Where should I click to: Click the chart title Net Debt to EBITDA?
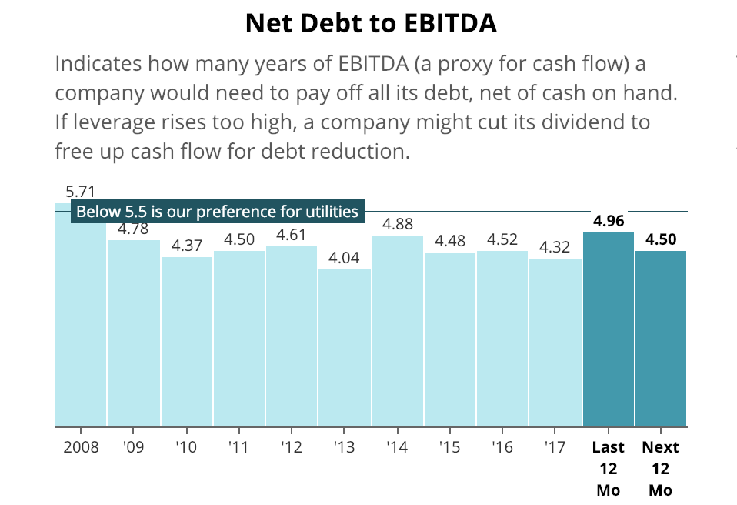point(371,24)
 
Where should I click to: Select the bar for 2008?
point(81,323)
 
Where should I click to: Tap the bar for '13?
point(344,346)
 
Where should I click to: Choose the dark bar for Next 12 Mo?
point(661,339)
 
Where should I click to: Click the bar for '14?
point(397,331)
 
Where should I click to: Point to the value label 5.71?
point(80,192)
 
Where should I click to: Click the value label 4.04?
point(344,258)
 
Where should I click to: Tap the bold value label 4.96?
point(609,221)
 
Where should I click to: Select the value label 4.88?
point(398,224)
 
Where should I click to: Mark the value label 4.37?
point(187,246)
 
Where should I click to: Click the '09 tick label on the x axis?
point(133,447)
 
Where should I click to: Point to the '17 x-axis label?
point(555,447)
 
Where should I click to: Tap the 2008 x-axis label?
point(80,447)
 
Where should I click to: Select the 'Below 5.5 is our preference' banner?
point(218,211)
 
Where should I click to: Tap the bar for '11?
point(239,339)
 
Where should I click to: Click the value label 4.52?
point(502,239)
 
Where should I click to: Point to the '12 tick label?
point(292,447)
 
